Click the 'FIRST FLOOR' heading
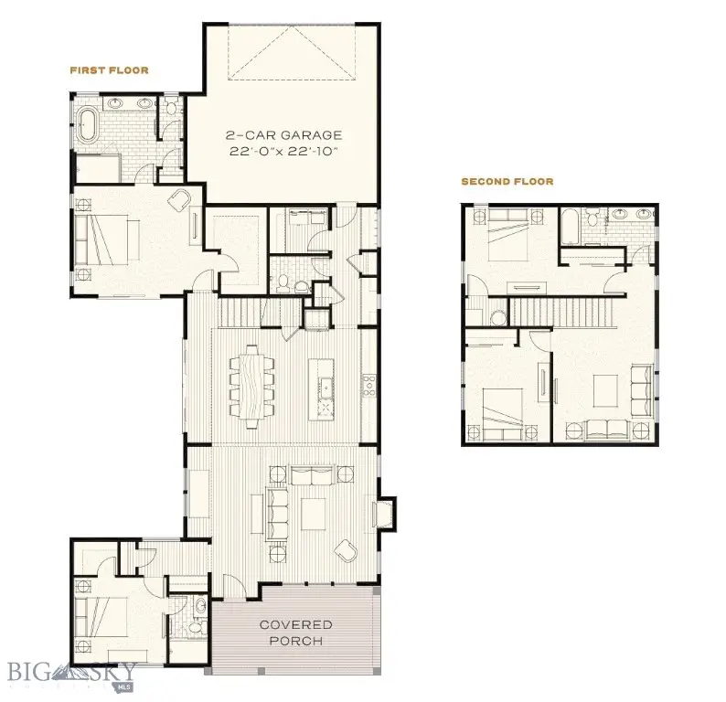pyautogui.click(x=109, y=69)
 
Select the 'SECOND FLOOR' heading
pyautogui.click(x=507, y=182)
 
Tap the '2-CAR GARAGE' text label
pyautogui.click(x=284, y=135)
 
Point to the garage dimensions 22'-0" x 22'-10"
pyautogui.click(x=284, y=152)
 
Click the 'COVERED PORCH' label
pyautogui.click(x=295, y=632)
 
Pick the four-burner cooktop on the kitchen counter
pyautogui.click(x=370, y=385)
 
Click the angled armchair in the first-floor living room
pyautogui.click(x=347, y=549)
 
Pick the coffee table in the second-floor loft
pyautogui.click(x=606, y=389)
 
